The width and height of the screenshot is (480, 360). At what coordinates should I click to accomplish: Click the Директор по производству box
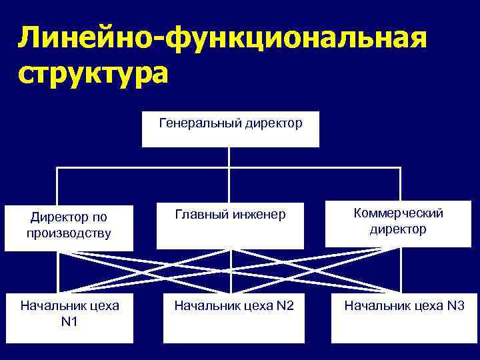(x=69, y=226)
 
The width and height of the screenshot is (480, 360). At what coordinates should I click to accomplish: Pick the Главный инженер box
(x=230, y=225)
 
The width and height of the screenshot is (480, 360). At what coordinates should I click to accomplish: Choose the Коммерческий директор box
(x=398, y=222)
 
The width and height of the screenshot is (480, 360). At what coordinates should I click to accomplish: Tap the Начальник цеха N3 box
(x=403, y=317)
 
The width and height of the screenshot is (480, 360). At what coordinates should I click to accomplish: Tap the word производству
(x=69, y=234)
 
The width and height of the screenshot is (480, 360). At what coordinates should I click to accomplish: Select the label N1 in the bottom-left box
(x=69, y=323)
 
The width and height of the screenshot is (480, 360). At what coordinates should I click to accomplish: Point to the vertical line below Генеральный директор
(x=229, y=157)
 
